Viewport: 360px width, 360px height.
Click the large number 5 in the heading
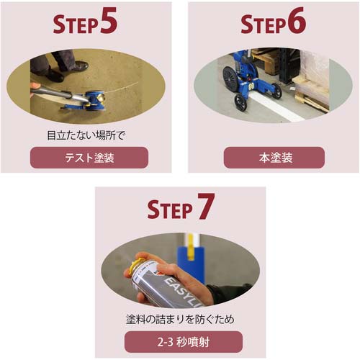109,20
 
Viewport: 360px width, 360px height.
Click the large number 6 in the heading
297,20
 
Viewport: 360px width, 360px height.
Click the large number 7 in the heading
206,207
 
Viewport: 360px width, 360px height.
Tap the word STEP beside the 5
76,24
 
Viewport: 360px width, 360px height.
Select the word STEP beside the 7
170,210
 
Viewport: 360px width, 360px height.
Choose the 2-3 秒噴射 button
184,342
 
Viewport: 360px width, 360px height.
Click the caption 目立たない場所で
86,136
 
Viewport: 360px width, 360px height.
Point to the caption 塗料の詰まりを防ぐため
180,320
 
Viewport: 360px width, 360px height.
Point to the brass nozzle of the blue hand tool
102,97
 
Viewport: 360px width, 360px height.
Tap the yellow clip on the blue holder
191,247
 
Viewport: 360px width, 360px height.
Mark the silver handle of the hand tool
59,94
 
